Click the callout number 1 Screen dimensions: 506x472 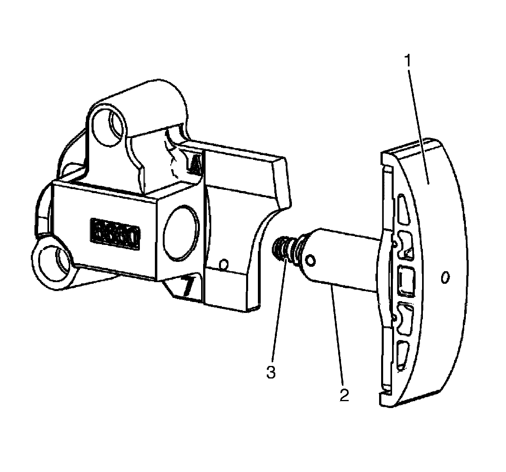point(409,62)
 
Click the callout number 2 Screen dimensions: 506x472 point(344,395)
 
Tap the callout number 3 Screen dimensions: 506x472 point(271,372)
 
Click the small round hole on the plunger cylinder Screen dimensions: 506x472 point(311,260)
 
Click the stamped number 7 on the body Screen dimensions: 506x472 point(187,287)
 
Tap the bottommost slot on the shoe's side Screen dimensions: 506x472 point(403,355)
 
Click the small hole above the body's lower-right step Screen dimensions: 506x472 point(223,266)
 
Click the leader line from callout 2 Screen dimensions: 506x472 point(338,336)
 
